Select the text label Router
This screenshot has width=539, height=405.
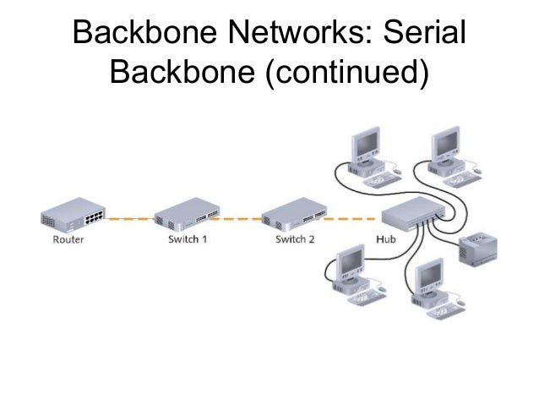(x=67, y=239)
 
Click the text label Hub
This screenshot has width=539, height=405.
(x=384, y=239)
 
